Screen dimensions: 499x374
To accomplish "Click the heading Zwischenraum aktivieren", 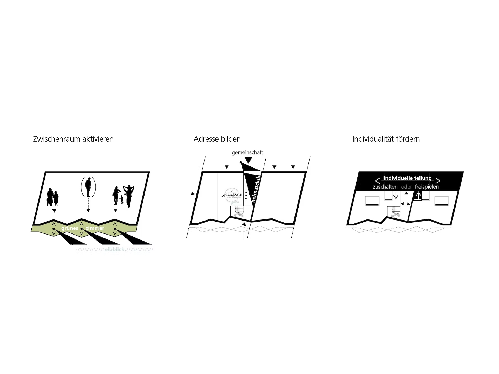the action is point(73,139).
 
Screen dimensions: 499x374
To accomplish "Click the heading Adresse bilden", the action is point(217,139).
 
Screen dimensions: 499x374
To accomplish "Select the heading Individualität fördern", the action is point(386,139).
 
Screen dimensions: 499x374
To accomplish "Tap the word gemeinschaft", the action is point(247,152).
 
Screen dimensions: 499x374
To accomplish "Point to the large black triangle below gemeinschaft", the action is point(248,160).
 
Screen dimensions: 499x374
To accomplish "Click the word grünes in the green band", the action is point(70,228).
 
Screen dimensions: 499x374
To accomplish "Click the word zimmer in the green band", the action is point(95,228).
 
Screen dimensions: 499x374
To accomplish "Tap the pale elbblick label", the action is point(114,249).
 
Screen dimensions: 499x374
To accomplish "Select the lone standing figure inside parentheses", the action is point(88,187).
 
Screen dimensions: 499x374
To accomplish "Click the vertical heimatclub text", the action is point(256,188).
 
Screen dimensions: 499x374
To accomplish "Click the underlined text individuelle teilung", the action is point(408,178).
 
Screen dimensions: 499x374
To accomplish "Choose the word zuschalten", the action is point(385,187).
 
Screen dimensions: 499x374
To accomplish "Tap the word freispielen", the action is point(427,187).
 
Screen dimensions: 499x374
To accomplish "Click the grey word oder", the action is point(406,187).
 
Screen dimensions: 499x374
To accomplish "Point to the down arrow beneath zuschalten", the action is point(396,195).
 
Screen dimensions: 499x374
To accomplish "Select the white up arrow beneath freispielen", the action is point(418,196).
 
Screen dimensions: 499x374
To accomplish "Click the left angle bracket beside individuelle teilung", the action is point(377,181).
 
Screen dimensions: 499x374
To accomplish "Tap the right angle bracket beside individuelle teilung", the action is point(438,181).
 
